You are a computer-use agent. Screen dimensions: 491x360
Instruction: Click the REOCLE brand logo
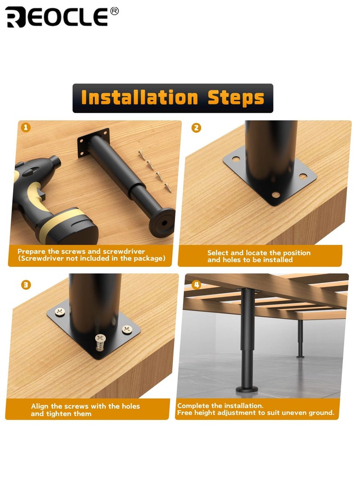click(57, 17)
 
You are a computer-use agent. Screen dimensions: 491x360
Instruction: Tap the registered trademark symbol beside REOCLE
click(114, 11)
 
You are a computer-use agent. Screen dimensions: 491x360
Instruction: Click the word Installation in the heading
click(140, 98)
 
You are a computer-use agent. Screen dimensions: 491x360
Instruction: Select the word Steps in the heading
click(236, 98)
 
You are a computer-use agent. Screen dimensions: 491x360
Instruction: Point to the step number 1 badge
click(26, 128)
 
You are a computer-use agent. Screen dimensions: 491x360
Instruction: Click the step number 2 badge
click(196, 128)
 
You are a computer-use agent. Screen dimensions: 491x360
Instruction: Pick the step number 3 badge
click(26, 284)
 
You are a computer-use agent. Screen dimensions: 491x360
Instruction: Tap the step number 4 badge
click(196, 284)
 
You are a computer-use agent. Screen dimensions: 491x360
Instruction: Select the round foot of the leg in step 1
click(162, 223)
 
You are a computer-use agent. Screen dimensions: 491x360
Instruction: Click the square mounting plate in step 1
click(93, 143)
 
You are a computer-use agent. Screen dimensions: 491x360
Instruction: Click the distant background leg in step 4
click(300, 338)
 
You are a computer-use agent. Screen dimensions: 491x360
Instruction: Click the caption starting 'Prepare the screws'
click(81, 251)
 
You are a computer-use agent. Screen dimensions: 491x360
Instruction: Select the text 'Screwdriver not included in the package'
click(91, 258)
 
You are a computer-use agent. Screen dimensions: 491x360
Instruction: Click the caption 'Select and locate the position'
click(259, 253)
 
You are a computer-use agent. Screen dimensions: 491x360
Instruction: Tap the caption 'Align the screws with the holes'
click(85, 406)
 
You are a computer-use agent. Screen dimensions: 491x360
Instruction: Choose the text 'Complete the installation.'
click(220, 406)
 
